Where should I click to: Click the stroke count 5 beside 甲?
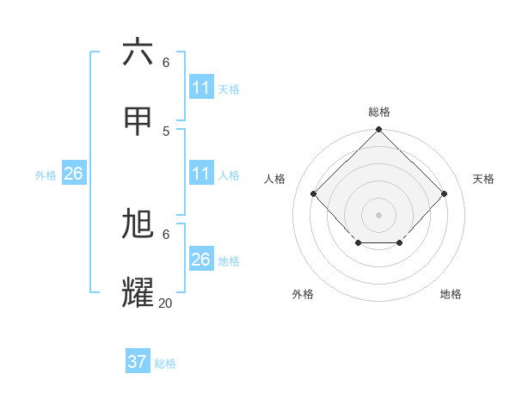pyautogui.click(x=166, y=131)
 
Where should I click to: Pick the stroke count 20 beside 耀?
pyautogui.click(x=166, y=303)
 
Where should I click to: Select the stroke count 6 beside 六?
pyautogui.click(x=166, y=62)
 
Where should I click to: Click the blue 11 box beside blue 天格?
pyautogui.click(x=200, y=88)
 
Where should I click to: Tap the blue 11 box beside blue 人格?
pyautogui.click(x=200, y=174)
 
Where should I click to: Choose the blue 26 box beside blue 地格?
pyautogui.click(x=200, y=260)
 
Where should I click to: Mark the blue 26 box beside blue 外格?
pyautogui.click(x=73, y=174)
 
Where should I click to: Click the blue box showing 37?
pyautogui.click(x=138, y=362)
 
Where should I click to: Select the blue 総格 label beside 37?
pyautogui.click(x=165, y=364)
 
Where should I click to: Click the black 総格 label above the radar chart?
pyautogui.click(x=379, y=112)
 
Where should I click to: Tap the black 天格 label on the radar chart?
pyautogui.click(x=483, y=179)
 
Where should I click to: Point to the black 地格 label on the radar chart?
pyautogui.click(x=451, y=294)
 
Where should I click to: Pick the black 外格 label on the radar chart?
pyautogui.click(x=303, y=294)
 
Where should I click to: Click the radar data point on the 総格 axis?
pyautogui.click(x=379, y=131)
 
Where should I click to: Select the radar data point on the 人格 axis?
pyautogui.click(x=314, y=194)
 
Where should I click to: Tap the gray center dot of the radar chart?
pyautogui.click(x=379, y=214)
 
